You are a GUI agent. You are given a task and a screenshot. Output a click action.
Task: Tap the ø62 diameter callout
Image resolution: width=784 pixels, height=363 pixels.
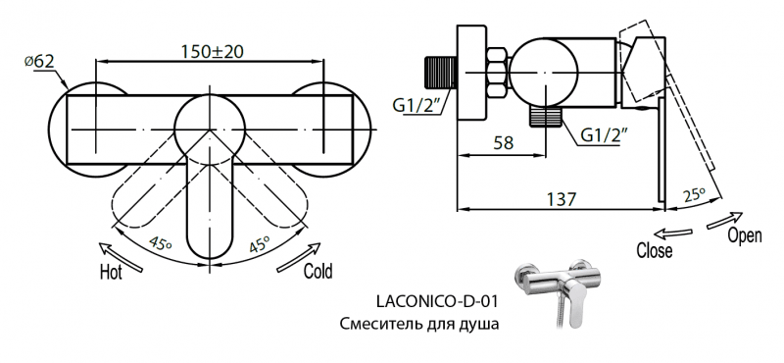point(38,62)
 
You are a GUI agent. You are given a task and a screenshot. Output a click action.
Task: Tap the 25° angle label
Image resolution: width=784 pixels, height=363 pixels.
point(695,196)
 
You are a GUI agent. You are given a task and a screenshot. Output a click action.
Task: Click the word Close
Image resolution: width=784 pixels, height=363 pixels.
point(654,251)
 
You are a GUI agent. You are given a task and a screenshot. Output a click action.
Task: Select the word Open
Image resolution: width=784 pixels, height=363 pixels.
point(746,236)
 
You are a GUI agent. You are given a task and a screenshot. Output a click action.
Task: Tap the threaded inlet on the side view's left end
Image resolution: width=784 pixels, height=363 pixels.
point(439,75)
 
